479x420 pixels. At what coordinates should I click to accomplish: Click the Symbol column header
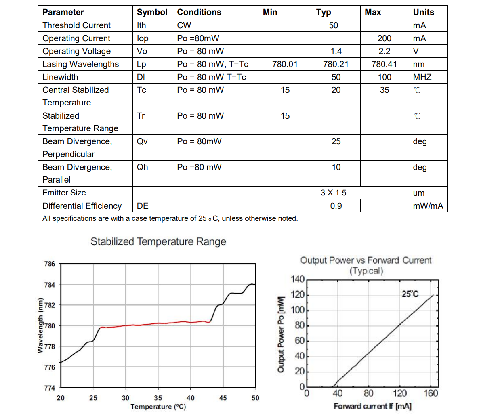(x=152, y=12)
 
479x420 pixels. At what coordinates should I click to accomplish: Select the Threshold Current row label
(x=76, y=25)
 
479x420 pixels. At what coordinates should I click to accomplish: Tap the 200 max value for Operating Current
(x=384, y=38)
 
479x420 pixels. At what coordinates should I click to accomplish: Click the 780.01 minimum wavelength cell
(x=285, y=64)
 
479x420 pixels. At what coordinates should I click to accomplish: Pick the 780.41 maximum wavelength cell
(x=384, y=64)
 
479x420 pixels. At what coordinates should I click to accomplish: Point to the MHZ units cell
(x=422, y=77)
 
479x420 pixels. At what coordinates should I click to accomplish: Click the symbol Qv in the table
(x=142, y=141)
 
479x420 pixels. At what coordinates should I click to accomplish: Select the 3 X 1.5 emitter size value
(x=333, y=193)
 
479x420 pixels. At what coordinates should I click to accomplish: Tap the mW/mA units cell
(x=428, y=206)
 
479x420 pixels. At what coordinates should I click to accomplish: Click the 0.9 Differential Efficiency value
(x=336, y=206)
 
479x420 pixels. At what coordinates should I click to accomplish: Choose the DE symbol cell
(x=143, y=206)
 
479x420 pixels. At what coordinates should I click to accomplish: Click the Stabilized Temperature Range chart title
(x=158, y=241)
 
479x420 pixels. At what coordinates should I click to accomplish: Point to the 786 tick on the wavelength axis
(x=49, y=264)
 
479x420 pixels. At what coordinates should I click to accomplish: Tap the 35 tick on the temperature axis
(x=158, y=398)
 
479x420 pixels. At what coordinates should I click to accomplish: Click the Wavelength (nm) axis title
(x=40, y=325)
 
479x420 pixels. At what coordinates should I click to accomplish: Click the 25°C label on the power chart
(x=410, y=294)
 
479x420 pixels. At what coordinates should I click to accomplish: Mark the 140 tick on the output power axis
(x=297, y=279)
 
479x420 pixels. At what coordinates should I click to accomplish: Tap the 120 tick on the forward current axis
(x=400, y=393)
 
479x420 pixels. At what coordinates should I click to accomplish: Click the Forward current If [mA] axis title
(x=372, y=406)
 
